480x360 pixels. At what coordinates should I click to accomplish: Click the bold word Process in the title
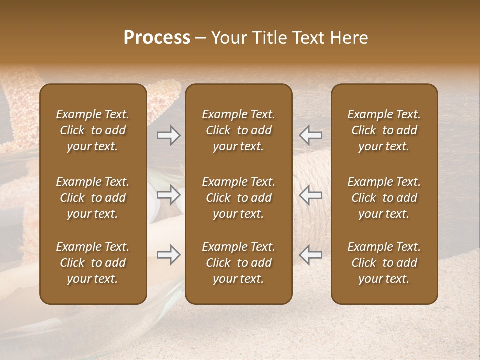157,38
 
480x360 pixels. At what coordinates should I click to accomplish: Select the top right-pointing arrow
168,135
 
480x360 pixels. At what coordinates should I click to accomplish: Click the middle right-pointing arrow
168,195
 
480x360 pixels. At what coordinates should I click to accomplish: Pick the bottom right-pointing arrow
168,255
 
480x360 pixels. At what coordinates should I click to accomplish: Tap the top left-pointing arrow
311,135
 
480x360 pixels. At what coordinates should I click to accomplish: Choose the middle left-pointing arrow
311,195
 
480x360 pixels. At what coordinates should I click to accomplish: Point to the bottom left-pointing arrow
311,255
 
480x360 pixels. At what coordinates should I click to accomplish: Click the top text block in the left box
93,130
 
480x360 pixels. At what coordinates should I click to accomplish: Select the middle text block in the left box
93,198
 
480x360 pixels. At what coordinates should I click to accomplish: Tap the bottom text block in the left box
93,263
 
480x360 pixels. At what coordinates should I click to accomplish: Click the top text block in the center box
239,130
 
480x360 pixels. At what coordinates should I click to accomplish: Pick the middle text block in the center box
239,198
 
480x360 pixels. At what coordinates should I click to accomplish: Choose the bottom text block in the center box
239,263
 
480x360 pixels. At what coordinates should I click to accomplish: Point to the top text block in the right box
384,130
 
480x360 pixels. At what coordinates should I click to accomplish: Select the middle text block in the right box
384,198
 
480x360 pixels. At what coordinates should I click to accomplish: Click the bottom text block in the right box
384,263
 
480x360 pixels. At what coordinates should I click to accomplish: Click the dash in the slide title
201,38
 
